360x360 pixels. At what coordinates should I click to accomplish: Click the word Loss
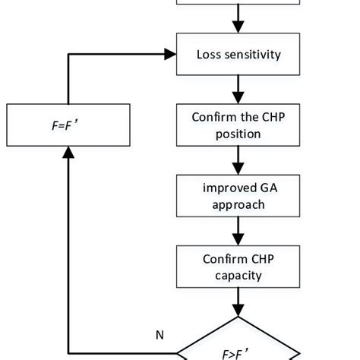(207, 54)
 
